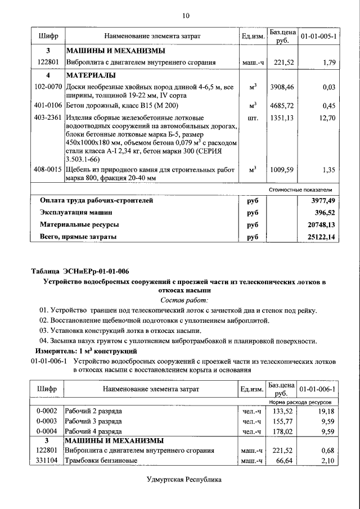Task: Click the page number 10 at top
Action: [186, 16]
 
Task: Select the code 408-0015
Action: [48, 169]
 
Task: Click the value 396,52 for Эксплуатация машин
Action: [323, 213]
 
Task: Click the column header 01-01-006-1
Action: [318, 389]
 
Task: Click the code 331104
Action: [48, 461]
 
